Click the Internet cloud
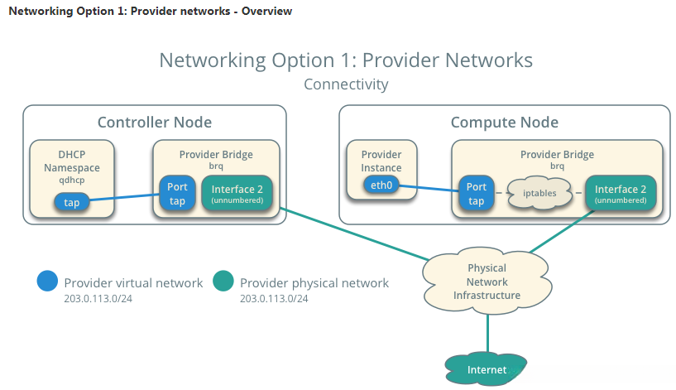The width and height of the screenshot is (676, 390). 487,369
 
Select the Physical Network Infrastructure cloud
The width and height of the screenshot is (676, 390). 487,282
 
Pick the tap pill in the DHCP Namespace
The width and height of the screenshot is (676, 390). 72,202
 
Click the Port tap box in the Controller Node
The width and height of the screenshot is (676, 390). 177,194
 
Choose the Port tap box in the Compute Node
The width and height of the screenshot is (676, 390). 476,194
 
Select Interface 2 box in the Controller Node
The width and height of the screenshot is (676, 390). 237,194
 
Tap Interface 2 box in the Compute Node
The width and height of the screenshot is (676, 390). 621,194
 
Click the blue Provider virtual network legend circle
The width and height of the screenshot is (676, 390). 48,282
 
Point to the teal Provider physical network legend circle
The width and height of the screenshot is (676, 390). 223,282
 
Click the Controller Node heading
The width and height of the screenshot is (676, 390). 155,123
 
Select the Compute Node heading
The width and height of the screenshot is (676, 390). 504,123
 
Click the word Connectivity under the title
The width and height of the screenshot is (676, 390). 346,84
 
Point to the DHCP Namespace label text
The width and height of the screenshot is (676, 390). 72,161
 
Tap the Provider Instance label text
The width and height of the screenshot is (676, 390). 381,161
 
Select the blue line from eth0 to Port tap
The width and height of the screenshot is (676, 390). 428,190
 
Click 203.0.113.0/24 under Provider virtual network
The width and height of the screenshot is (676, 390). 98,298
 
